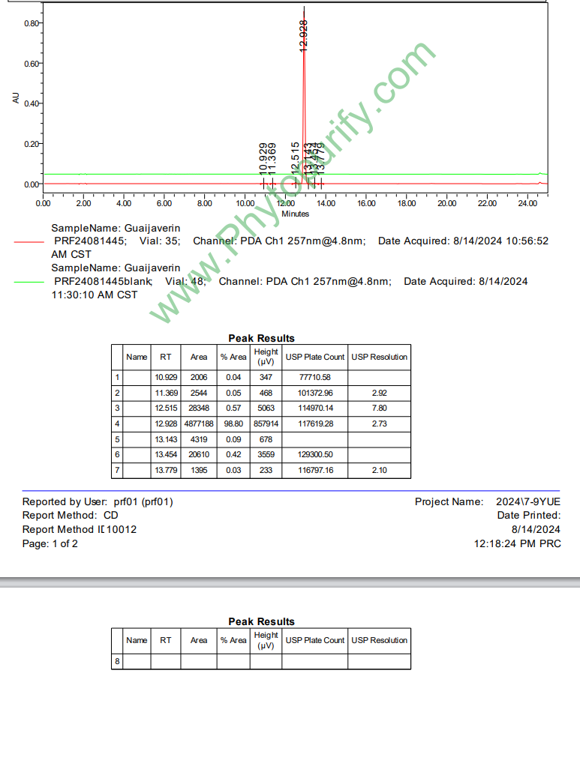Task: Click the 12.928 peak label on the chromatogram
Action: [303, 34]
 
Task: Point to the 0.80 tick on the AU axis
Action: [31, 23]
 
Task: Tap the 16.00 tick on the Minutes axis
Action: [366, 202]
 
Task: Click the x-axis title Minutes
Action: [295, 214]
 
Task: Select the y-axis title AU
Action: [17, 97]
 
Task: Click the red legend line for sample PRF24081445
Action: [29, 241]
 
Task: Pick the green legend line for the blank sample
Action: [29, 282]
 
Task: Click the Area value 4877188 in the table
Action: [198, 423]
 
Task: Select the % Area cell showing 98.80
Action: [233, 423]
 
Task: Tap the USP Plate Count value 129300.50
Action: [314, 455]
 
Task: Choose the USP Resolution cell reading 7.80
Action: [379, 408]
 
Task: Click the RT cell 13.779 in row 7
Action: [166, 470]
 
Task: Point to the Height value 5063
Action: [266, 408]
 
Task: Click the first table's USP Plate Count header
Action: [314, 357]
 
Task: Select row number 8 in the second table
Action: [117, 661]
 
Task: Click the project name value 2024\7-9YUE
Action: [528, 501]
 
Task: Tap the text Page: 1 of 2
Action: [50, 543]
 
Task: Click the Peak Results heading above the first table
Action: [261, 338]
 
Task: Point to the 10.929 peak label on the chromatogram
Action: [263, 159]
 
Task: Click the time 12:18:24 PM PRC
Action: [517, 543]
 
